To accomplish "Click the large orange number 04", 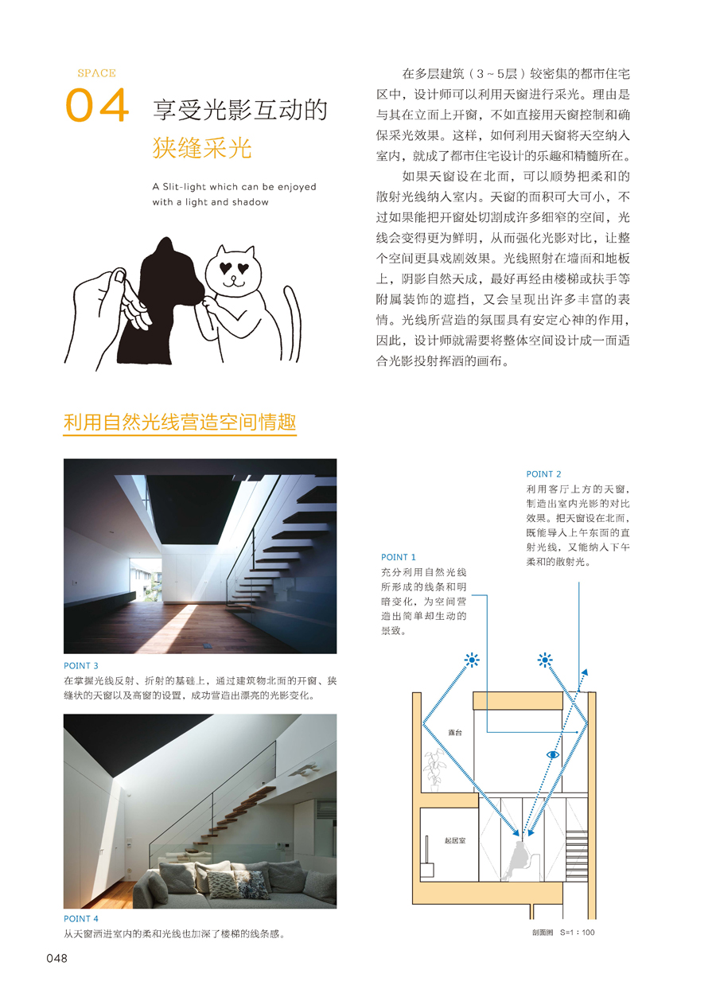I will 96,106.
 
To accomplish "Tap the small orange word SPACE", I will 96,73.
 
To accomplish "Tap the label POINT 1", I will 399,557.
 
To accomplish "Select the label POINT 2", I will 543,474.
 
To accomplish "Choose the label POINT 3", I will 81,665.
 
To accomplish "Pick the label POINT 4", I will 81,919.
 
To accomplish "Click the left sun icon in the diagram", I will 473,660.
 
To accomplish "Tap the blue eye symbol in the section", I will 552,754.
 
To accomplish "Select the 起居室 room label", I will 454,840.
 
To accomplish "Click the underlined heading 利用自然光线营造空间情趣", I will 180,423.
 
